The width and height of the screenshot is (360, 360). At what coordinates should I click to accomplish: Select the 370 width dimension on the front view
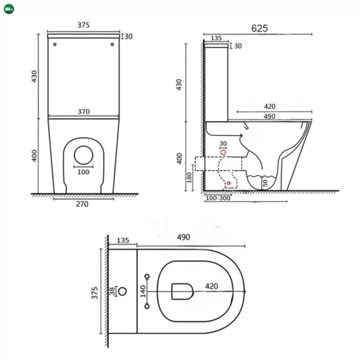pyautogui.click(x=84, y=110)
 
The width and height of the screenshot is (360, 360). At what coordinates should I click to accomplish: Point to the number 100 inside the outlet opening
pyautogui.click(x=84, y=172)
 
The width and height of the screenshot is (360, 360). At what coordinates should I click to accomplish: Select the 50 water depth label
pyautogui.click(x=265, y=182)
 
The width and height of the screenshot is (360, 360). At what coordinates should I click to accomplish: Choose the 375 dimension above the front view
pyautogui.click(x=84, y=25)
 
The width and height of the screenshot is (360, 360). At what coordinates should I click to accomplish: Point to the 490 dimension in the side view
pyautogui.click(x=269, y=116)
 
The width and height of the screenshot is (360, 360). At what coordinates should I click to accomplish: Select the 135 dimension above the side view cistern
pyautogui.click(x=217, y=39)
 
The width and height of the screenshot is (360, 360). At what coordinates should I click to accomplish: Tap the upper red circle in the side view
pyautogui.click(x=224, y=152)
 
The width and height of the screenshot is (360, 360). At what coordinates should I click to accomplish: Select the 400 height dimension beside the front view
pyautogui.click(x=33, y=156)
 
